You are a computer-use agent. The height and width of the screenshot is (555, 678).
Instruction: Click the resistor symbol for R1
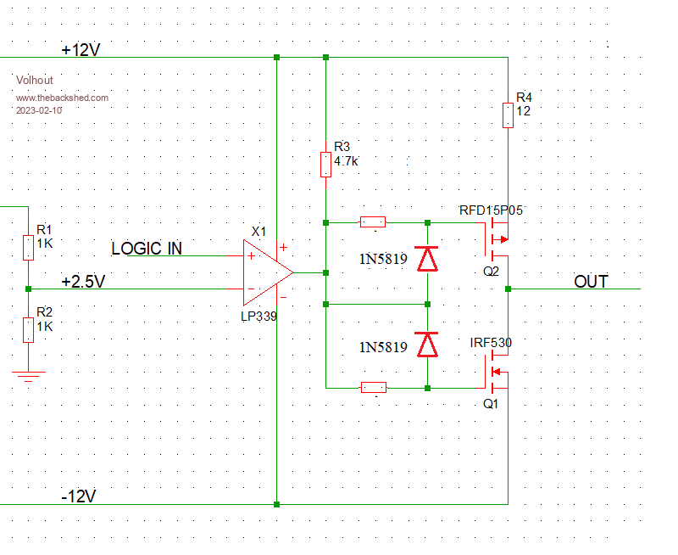pyautogui.click(x=28, y=248)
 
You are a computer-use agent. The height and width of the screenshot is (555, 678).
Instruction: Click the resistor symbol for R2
pyautogui.click(x=28, y=329)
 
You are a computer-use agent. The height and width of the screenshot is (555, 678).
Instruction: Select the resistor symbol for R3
pyautogui.click(x=325, y=164)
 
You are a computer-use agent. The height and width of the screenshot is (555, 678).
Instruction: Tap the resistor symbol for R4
pyautogui.click(x=507, y=115)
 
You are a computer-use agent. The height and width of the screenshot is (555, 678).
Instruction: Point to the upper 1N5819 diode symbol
pyautogui.click(x=428, y=258)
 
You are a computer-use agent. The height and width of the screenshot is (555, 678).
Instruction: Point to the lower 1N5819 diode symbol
pyautogui.click(x=428, y=345)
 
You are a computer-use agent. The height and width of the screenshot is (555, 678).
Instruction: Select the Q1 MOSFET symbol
pyautogui.click(x=497, y=372)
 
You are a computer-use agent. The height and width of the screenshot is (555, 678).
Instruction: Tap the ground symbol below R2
pyautogui.click(x=28, y=375)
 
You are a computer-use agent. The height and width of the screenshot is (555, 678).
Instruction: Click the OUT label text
pyautogui.click(x=591, y=282)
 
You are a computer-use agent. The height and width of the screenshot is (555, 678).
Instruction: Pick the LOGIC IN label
pyautogui.click(x=147, y=249)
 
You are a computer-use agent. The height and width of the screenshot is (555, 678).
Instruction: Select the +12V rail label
pyautogui.click(x=81, y=50)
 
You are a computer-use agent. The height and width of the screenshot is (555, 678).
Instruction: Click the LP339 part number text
pyautogui.click(x=260, y=315)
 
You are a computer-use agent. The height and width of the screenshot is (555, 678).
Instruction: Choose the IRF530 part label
pyautogui.click(x=491, y=343)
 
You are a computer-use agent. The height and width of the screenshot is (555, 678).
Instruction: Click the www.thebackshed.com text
pyautogui.click(x=62, y=98)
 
